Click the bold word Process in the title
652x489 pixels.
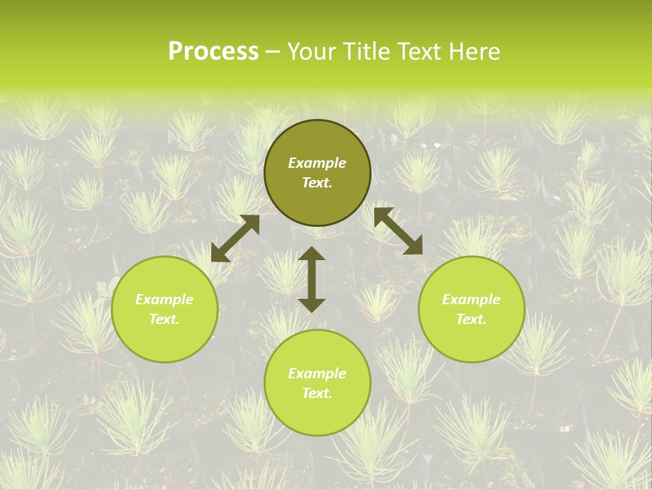pyautogui.click(x=213, y=52)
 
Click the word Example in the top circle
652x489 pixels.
pyautogui.click(x=317, y=163)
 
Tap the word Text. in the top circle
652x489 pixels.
pyautogui.click(x=317, y=183)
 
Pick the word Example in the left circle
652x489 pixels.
pyautogui.click(x=164, y=300)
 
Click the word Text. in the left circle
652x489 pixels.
pyautogui.click(x=164, y=319)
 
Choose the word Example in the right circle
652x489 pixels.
pyautogui.click(x=471, y=300)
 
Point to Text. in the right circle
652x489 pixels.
pyautogui.click(x=471, y=319)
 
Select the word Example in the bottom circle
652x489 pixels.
pyautogui.click(x=317, y=374)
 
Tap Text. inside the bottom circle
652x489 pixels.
pyautogui.click(x=317, y=393)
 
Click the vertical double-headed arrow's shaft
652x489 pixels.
pyautogui.click(x=312, y=279)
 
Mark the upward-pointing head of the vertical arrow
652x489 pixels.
pyautogui.click(x=312, y=255)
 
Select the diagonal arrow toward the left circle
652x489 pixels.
pyautogui.click(x=235, y=238)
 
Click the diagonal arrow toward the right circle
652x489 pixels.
pyautogui.click(x=398, y=231)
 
